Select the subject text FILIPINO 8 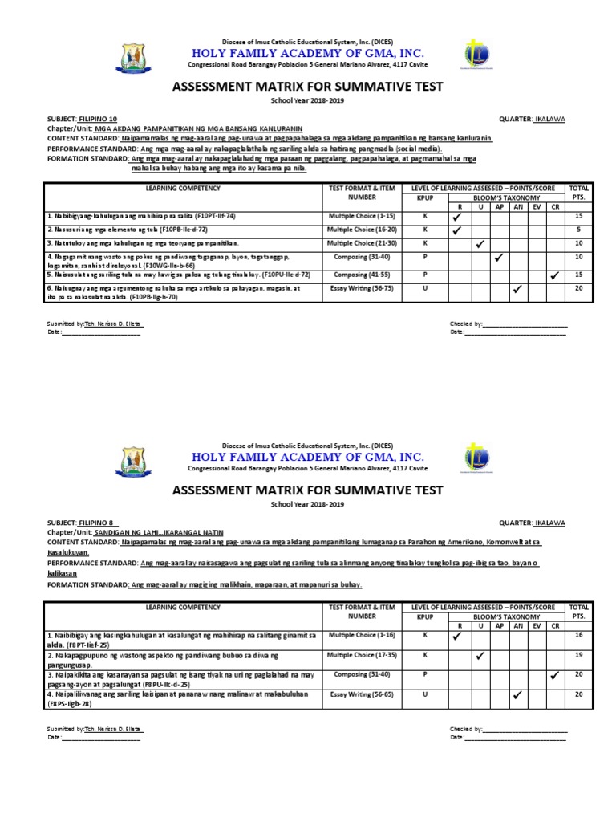(95, 523)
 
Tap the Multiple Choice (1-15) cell (363, 217)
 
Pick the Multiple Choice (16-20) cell (363, 230)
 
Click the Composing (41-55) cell (363, 275)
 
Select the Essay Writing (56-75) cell (363, 287)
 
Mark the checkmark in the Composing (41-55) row (554, 275)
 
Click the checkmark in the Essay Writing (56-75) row (517, 288)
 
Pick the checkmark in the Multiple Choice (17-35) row (480, 656)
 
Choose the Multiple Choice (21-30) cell (363, 242)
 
